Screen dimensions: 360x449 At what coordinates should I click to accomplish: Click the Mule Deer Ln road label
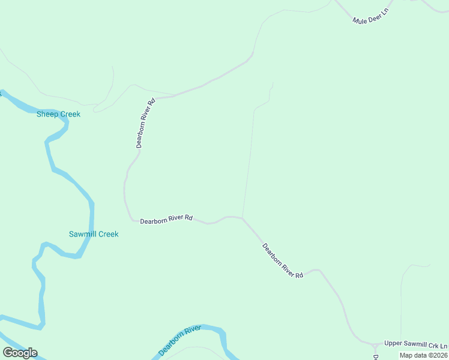click(372, 16)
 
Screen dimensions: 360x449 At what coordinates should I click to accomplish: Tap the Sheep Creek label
click(58, 114)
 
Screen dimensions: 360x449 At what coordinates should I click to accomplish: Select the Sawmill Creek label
click(94, 234)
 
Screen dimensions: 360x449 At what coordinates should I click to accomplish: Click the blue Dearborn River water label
click(179, 341)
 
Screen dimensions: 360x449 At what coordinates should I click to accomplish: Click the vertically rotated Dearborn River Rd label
click(146, 123)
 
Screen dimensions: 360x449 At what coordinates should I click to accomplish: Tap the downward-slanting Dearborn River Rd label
click(283, 260)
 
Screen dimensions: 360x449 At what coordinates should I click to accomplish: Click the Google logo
click(20, 352)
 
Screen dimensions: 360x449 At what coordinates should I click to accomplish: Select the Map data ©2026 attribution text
click(423, 355)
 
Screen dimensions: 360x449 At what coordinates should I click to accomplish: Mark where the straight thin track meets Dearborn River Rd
click(243, 217)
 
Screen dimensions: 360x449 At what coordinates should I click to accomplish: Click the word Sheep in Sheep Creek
click(47, 114)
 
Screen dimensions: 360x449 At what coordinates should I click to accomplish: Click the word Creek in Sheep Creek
click(70, 114)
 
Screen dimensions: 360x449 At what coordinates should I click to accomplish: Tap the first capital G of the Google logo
click(8, 352)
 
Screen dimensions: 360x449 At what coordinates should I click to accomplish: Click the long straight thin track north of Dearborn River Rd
click(248, 162)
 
